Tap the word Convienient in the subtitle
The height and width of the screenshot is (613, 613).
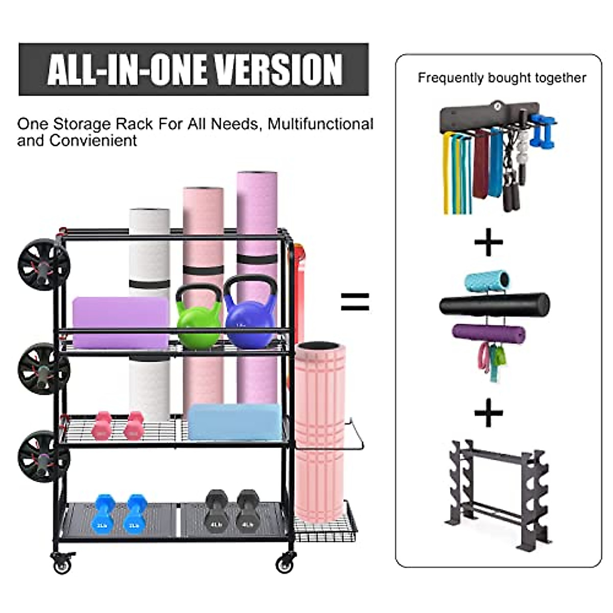pyautogui.click(x=93, y=141)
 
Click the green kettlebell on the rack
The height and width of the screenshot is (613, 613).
pyautogui.click(x=199, y=317)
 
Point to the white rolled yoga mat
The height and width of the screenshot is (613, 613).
pyautogui.click(x=149, y=245)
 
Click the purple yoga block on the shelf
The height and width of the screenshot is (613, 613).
pyautogui.click(x=121, y=322)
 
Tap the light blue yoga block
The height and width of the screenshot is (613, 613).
pyautogui.click(x=234, y=421)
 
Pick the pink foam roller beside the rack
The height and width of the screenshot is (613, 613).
pyautogui.click(x=320, y=429)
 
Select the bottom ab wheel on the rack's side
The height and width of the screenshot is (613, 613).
pyautogui.click(x=43, y=456)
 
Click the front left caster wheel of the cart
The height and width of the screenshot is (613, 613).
pyautogui.click(x=62, y=564)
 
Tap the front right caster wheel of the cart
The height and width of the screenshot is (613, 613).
pyautogui.click(x=285, y=563)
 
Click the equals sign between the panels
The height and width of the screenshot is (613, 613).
pyautogui.click(x=355, y=301)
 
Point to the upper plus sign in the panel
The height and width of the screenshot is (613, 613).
pyautogui.click(x=488, y=242)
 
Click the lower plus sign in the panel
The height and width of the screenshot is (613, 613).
pyautogui.click(x=488, y=413)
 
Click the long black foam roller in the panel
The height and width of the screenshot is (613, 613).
pyautogui.click(x=494, y=305)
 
